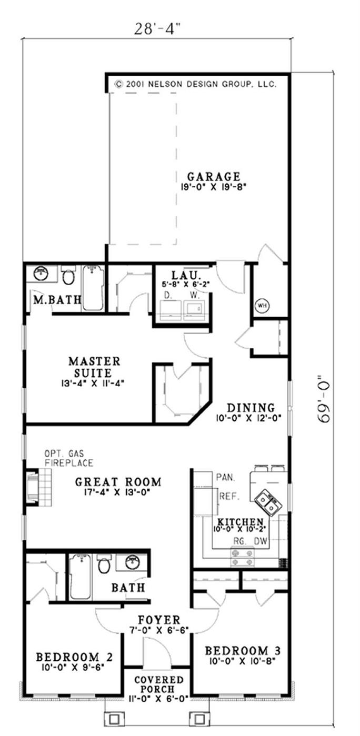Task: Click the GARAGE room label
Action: click(213, 176)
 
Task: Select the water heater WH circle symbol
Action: click(261, 305)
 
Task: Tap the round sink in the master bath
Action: click(41, 274)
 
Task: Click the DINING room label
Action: click(251, 407)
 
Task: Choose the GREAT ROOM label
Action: click(118, 481)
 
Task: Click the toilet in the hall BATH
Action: click(104, 565)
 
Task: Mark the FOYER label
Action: click(158, 620)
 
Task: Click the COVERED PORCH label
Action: click(158, 685)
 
